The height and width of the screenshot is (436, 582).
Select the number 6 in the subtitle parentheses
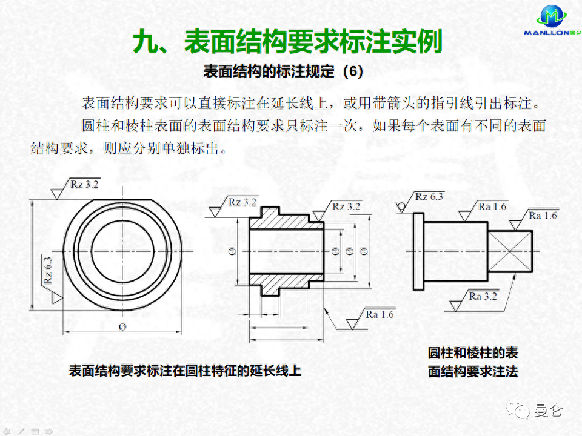(x=353, y=72)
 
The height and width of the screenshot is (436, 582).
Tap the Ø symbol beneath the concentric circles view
(x=122, y=327)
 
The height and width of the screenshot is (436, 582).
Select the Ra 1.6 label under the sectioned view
(x=380, y=315)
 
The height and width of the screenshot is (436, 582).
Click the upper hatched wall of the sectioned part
(x=285, y=222)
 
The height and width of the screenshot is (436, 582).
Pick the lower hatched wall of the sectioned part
(x=285, y=280)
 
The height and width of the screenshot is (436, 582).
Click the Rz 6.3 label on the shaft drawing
(x=429, y=197)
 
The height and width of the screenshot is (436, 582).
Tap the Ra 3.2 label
(x=483, y=296)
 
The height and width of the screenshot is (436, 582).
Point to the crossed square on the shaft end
(x=511, y=250)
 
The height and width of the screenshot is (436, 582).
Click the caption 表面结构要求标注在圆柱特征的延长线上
(x=185, y=371)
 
